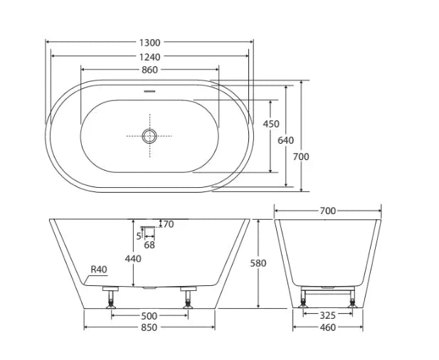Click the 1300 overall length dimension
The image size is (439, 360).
point(149,42)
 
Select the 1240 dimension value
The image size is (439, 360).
point(149,55)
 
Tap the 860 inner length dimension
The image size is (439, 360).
point(149,70)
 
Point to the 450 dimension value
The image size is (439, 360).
point(271,124)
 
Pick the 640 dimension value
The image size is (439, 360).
point(285,141)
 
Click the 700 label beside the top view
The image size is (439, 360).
point(302,157)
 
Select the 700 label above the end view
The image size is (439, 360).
point(327,211)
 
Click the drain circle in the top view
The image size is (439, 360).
point(149,135)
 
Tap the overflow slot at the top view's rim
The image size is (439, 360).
point(149,91)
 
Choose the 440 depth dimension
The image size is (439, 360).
point(133,259)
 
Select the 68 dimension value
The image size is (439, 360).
point(149,245)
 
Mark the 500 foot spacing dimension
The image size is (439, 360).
point(149,314)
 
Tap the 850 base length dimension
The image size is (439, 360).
point(149,327)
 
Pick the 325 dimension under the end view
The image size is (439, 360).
point(327,314)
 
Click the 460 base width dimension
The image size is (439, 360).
point(327,327)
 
